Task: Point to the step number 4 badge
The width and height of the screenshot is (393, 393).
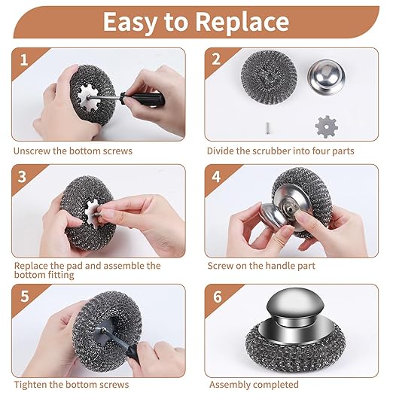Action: (216, 176)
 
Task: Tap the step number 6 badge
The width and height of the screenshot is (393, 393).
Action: (216, 295)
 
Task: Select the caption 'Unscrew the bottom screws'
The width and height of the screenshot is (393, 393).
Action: (72, 151)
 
